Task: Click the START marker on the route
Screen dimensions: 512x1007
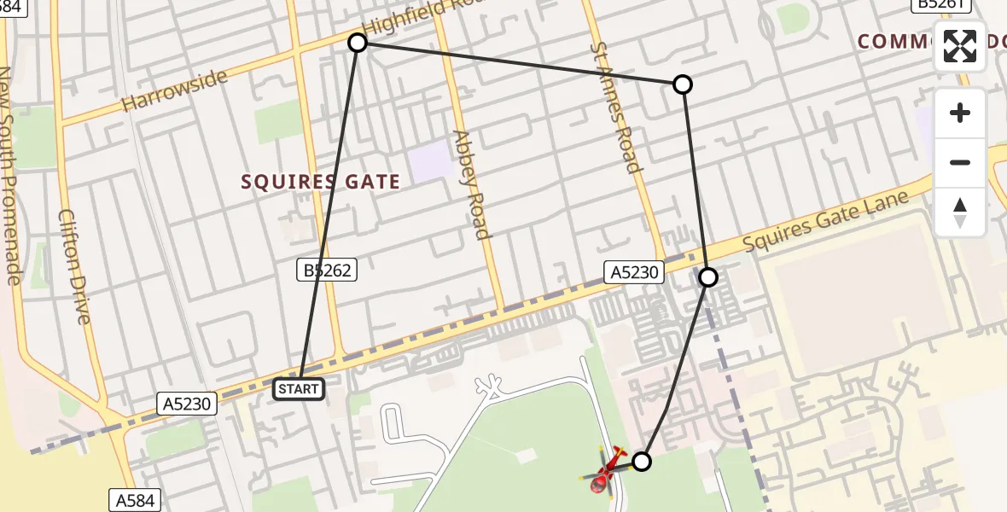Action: [298, 389]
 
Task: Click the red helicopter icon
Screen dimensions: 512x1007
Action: [607, 471]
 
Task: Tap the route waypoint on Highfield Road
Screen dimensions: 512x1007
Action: [358, 43]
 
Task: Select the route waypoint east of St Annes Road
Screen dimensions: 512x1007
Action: [682, 84]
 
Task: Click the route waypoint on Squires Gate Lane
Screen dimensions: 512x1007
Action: [707, 276]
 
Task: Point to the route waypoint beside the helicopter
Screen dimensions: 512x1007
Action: [641, 462]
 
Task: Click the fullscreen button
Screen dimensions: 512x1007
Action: [960, 46]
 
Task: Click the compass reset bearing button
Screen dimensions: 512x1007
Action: [960, 212]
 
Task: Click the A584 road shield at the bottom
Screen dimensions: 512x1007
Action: [135, 500]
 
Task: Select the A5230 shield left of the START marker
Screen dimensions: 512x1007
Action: [188, 404]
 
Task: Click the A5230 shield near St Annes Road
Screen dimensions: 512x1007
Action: [633, 272]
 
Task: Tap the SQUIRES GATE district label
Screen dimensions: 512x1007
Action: [320, 182]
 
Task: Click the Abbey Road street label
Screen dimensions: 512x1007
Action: [472, 184]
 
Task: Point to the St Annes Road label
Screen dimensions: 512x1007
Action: [614, 106]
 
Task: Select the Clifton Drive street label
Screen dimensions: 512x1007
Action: [73, 266]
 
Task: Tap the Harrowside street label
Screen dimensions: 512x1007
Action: [174, 90]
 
